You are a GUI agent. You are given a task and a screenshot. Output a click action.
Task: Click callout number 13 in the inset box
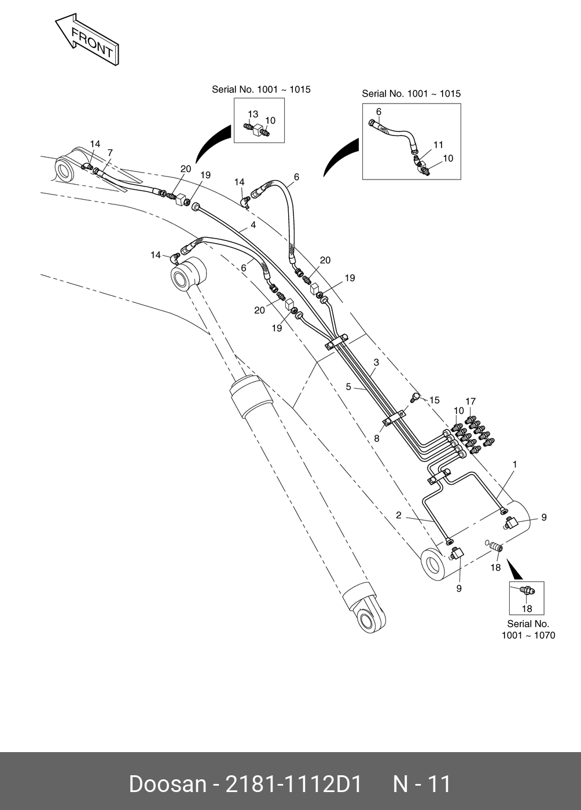(253, 114)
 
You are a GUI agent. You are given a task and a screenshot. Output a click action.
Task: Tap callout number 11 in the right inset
(438, 145)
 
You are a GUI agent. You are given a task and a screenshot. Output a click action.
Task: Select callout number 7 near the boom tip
(110, 153)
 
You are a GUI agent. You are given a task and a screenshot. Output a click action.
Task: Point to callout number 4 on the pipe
(253, 225)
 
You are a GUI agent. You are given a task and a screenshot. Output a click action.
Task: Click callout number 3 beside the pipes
(376, 362)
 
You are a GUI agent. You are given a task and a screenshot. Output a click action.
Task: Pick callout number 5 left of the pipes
(348, 386)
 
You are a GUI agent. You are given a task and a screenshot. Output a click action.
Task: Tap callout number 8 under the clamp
(377, 438)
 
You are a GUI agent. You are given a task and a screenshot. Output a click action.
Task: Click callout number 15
(434, 400)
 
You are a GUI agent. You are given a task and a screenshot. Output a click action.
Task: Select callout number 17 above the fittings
(470, 401)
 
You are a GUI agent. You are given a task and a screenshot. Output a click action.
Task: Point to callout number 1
(514, 464)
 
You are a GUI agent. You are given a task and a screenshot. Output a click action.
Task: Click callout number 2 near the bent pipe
(399, 515)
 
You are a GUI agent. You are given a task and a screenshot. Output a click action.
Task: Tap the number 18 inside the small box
(527, 609)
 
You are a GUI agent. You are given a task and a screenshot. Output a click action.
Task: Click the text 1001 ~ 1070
(528, 635)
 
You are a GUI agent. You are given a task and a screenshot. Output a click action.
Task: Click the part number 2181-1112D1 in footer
(293, 784)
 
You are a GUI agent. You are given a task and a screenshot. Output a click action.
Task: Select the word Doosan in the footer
(167, 784)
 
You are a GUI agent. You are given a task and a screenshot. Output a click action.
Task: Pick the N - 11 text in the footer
(422, 784)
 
